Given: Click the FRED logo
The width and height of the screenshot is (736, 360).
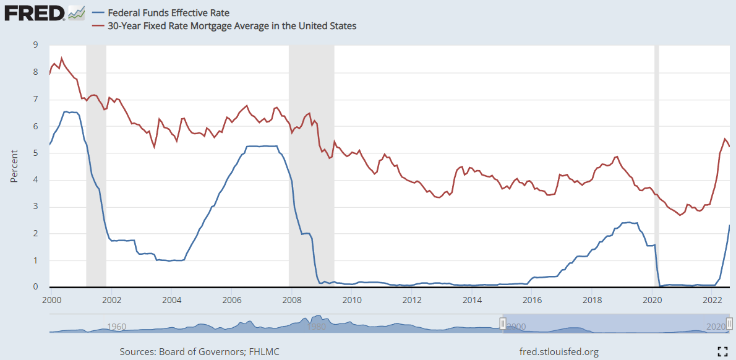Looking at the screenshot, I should pyautogui.click(x=34, y=12).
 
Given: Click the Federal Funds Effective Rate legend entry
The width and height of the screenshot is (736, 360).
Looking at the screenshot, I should pyautogui.click(x=164, y=12).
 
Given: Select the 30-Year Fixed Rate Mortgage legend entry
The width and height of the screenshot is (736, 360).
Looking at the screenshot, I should pyautogui.click(x=232, y=26).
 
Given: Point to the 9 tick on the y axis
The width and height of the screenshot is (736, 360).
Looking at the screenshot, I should pyautogui.click(x=35, y=45).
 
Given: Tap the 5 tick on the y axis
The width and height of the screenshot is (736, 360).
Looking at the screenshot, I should pyautogui.click(x=35, y=153).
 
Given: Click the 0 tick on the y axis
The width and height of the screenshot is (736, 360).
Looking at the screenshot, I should pyautogui.click(x=35, y=287).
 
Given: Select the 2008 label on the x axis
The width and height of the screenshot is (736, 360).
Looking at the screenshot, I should pyautogui.click(x=292, y=300).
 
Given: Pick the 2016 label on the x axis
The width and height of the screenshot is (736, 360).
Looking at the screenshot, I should pyautogui.click(x=532, y=300).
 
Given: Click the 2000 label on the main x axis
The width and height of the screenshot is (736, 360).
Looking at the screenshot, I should pyautogui.click(x=52, y=300).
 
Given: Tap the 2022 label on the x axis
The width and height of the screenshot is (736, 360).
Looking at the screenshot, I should pyautogui.click(x=712, y=300).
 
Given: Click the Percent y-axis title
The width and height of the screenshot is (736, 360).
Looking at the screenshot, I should pyautogui.click(x=14, y=166).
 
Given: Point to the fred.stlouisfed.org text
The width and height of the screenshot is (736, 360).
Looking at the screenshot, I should pyautogui.click(x=560, y=352).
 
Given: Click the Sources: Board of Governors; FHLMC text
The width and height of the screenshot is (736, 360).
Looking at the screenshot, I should pyautogui.click(x=199, y=352).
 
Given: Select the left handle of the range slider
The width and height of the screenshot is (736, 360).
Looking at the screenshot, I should pyautogui.click(x=503, y=324).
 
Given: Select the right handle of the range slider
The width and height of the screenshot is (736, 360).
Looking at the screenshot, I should pyautogui.click(x=729, y=324).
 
